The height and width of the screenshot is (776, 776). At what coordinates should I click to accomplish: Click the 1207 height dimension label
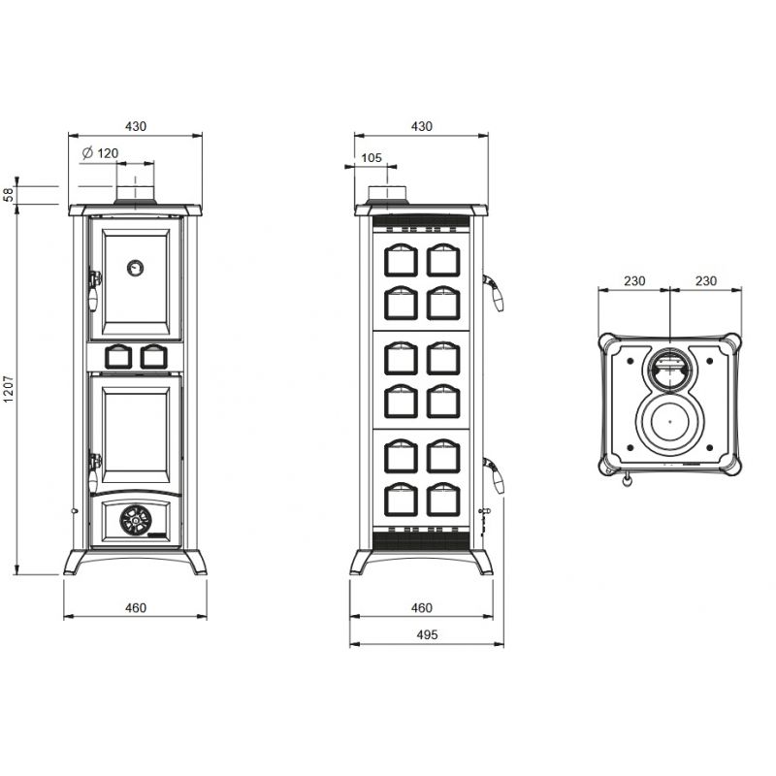(x=9, y=389)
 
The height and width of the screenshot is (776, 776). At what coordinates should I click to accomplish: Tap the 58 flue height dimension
(x=9, y=195)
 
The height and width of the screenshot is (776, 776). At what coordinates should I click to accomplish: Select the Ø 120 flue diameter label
(x=101, y=153)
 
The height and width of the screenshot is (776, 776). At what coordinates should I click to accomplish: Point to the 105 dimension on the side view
(x=372, y=158)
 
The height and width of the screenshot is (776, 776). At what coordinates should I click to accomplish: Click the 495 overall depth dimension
(x=427, y=634)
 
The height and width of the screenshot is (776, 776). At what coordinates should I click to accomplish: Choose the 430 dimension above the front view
(x=136, y=127)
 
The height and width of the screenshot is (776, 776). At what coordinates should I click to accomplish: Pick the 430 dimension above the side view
(x=422, y=127)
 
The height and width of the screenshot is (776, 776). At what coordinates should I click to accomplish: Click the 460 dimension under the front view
(x=136, y=608)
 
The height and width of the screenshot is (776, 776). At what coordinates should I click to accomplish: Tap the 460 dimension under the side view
(x=422, y=608)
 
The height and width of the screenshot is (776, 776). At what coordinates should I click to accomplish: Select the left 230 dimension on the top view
(x=634, y=281)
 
